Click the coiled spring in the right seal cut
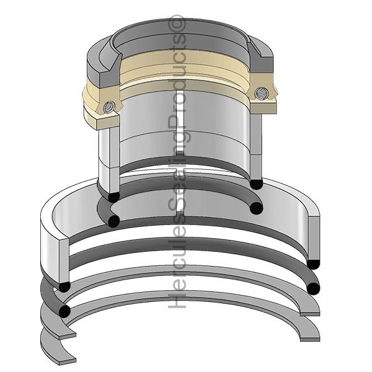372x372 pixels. pyautogui.click(x=261, y=93)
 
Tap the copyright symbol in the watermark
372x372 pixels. pyautogui.click(x=177, y=24)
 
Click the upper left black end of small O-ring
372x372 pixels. pyautogui.click(x=113, y=197)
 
